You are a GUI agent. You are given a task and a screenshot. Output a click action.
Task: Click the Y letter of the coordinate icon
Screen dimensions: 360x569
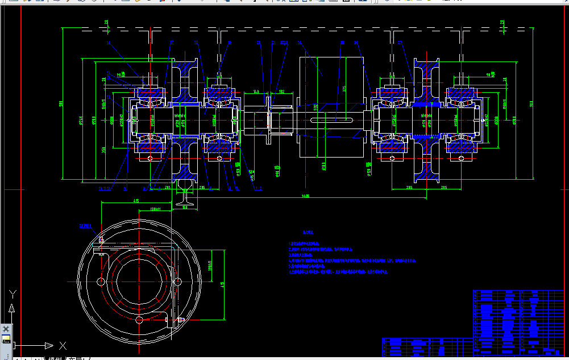point(13,294)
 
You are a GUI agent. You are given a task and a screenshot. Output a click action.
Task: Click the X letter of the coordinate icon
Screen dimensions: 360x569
point(63,345)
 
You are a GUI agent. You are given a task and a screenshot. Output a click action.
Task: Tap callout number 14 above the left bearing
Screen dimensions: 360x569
point(108,43)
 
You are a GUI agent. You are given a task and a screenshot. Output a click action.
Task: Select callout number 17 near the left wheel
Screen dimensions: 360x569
point(172,43)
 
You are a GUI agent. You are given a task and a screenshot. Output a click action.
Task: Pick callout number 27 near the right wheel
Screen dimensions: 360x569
point(400,43)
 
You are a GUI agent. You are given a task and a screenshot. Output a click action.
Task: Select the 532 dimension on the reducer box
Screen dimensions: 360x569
point(315,106)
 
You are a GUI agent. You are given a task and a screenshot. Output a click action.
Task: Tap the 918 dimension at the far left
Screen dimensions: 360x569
point(61,104)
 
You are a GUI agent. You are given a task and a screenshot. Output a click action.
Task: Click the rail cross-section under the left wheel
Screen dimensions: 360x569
point(186,196)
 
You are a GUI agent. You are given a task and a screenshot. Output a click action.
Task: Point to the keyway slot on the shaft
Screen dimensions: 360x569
point(334,119)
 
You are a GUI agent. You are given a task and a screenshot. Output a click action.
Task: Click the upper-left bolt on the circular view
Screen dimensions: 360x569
point(101,239)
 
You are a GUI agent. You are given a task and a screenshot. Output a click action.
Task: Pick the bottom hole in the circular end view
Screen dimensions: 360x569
point(139,320)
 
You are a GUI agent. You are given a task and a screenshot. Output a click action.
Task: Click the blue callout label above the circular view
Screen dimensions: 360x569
point(86,226)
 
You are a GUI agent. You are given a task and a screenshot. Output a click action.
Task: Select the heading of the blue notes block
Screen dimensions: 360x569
point(308,233)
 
